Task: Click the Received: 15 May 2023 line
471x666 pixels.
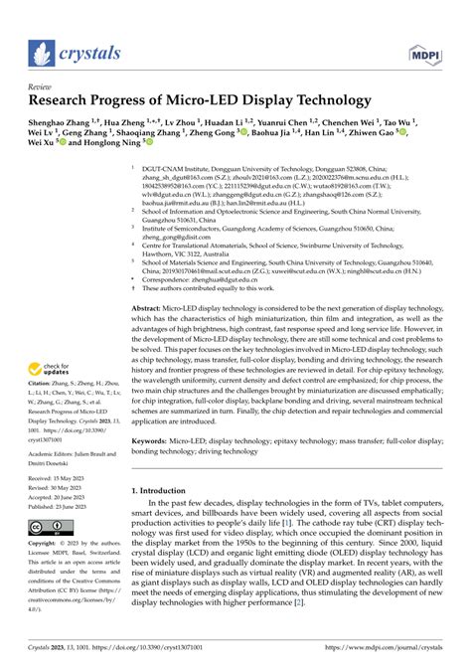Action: [61, 477]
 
